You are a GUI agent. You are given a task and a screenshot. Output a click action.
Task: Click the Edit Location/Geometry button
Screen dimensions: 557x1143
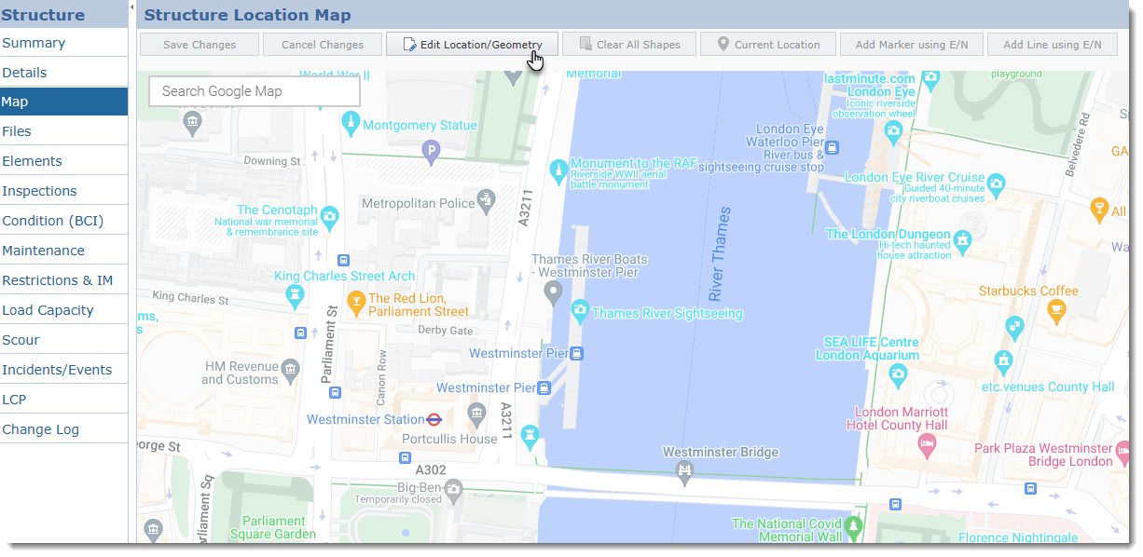(472, 45)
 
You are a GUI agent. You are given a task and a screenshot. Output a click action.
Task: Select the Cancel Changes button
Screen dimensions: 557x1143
(323, 45)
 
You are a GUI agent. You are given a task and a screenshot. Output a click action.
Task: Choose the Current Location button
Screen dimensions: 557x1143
(768, 45)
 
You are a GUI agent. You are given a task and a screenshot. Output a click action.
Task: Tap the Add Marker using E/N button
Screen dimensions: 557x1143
(911, 45)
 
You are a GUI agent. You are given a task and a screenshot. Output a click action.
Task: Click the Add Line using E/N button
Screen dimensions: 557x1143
(1053, 45)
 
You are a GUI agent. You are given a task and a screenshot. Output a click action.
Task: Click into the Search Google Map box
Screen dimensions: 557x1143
(254, 91)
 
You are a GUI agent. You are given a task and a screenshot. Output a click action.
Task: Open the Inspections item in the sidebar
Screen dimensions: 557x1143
(39, 191)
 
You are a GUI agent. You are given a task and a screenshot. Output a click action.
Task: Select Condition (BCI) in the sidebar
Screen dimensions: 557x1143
(52, 221)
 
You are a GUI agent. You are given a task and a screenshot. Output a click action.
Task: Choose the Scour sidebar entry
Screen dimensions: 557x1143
(21, 340)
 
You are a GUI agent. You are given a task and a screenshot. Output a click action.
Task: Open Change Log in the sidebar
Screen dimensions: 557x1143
(40, 429)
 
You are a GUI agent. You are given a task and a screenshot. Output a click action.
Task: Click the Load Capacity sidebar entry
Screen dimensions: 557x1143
(48, 310)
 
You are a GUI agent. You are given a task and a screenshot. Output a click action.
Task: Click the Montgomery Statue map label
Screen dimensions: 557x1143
(419, 125)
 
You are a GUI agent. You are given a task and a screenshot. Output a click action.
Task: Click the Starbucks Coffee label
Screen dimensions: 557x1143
(1027, 292)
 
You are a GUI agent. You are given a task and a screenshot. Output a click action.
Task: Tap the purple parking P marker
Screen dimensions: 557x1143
(430, 149)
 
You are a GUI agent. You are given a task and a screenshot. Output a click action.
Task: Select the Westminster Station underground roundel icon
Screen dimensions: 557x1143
(434, 420)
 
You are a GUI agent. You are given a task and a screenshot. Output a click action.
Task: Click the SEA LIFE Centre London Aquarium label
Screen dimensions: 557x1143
(867, 348)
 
